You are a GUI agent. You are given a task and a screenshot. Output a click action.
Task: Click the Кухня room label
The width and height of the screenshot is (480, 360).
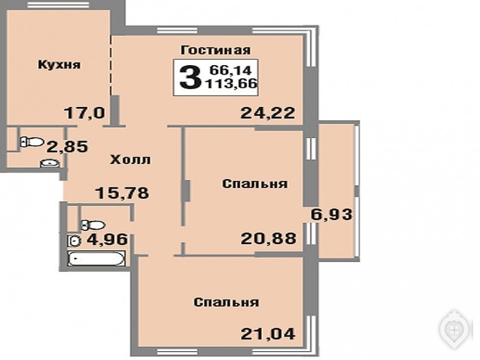pos(60,65)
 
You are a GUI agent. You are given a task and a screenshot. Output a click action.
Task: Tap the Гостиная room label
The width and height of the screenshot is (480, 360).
pos(215,50)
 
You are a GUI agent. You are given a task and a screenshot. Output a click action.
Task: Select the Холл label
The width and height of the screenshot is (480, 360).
pos(130,160)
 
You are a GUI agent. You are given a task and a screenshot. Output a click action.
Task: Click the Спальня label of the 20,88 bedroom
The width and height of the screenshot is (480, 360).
pos(255,184)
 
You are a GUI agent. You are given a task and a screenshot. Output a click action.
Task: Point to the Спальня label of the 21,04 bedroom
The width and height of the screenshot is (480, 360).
pos(226,302)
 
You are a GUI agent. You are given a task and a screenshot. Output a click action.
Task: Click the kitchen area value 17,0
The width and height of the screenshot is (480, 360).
pos(84,113)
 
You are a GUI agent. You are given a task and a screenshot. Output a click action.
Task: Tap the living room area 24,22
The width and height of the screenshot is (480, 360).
pos(268,113)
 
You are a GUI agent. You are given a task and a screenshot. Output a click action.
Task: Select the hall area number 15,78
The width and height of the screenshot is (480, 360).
pos(122,193)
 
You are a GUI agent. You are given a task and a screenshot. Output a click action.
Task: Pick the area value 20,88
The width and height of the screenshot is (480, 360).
pos(269,239)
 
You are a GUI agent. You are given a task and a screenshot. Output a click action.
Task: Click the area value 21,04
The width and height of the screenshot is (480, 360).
pos(268,334)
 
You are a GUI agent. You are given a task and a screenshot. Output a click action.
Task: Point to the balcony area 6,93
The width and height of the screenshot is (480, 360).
pos(331,214)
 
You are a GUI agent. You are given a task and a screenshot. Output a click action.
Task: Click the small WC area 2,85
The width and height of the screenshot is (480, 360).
pos(67,147)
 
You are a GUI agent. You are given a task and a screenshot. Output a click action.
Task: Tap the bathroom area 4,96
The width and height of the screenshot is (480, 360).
pos(107,239)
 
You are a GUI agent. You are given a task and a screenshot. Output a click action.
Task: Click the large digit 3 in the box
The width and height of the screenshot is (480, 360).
pos(191,77)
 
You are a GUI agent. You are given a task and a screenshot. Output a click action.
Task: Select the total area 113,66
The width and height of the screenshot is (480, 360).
pos(232,83)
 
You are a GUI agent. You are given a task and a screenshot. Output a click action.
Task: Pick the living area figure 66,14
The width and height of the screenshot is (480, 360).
pos(230,70)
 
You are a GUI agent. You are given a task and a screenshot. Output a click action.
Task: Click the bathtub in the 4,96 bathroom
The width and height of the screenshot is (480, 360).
pos(97,259)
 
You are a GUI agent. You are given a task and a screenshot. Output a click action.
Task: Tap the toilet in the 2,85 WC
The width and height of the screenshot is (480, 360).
pos(32,142)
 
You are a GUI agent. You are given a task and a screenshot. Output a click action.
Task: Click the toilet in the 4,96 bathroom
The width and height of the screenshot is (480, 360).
pos(93,226)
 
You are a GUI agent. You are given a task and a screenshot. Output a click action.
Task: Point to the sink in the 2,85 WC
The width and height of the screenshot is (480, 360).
pos(49,163)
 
